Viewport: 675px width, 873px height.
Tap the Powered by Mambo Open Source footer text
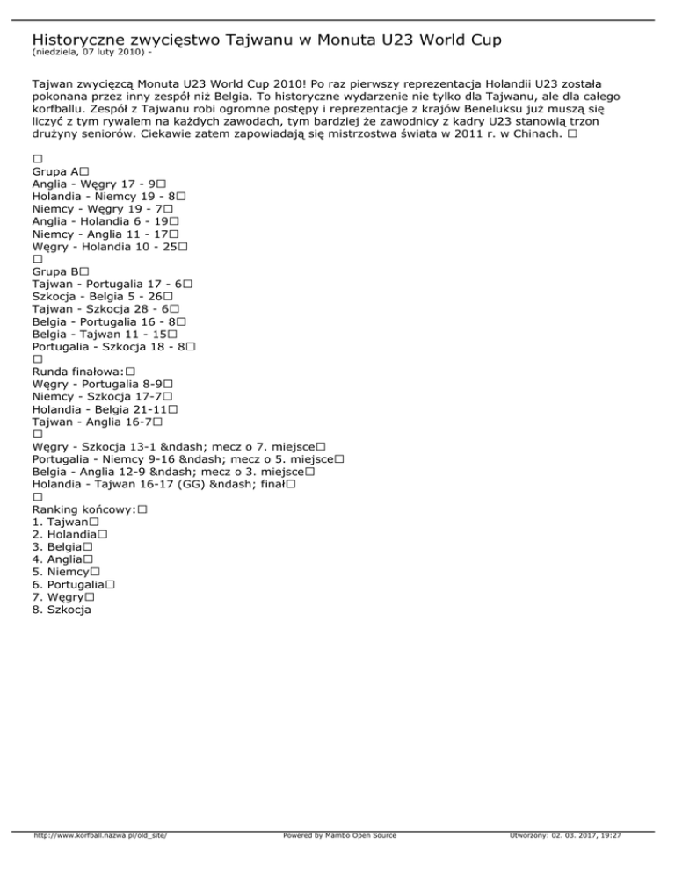[x=339, y=861]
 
